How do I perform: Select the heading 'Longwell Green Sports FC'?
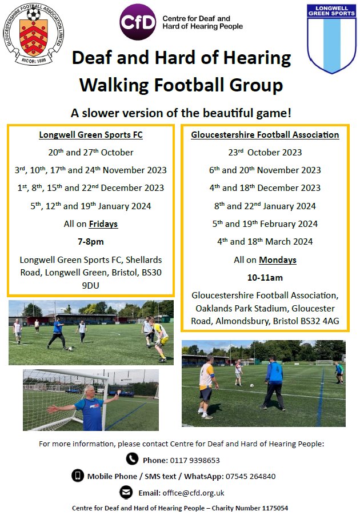click(90, 135)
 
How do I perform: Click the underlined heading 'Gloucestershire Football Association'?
click(265, 135)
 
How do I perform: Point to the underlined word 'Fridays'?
click(103, 223)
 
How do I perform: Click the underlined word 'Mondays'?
click(278, 260)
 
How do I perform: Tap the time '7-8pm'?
click(90, 242)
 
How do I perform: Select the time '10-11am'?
click(265, 278)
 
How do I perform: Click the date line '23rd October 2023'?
click(265, 153)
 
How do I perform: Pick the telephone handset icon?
click(132, 459)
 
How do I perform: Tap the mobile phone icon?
click(77, 476)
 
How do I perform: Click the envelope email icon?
click(126, 492)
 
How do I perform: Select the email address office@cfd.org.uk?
click(198, 493)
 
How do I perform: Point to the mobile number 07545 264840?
click(252, 476)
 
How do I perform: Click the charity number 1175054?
click(273, 508)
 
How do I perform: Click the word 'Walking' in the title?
click(111, 85)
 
